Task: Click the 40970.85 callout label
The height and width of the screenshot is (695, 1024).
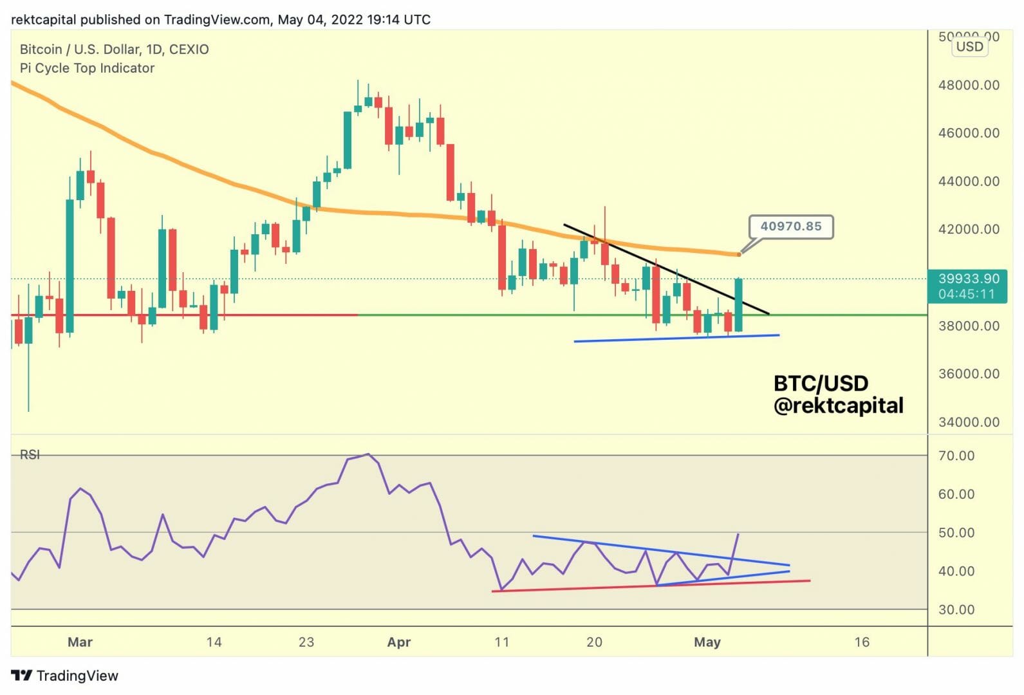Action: (790, 227)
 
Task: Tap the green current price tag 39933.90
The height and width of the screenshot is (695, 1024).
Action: (968, 279)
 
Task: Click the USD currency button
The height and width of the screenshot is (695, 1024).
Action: (969, 46)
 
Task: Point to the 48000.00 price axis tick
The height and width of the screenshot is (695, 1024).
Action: (969, 85)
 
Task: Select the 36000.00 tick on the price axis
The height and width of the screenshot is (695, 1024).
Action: (969, 374)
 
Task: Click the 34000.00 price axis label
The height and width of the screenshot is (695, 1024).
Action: (969, 422)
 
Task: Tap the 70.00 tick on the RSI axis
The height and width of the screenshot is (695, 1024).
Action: (956, 456)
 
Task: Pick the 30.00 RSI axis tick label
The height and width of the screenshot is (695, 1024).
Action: (956, 609)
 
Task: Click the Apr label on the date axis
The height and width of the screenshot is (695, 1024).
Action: (399, 642)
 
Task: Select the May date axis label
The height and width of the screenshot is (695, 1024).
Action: (707, 642)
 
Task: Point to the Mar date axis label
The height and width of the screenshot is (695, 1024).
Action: (80, 642)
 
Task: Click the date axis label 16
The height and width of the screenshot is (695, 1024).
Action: (862, 642)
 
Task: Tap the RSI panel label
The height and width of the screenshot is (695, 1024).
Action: (30, 455)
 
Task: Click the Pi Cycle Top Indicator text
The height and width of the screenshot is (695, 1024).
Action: (87, 68)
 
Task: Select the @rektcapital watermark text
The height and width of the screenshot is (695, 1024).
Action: (838, 405)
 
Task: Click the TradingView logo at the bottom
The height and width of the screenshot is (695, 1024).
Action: (65, 676)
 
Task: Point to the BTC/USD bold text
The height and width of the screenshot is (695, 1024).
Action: (821, 384)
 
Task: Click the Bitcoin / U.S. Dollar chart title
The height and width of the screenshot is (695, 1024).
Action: (114, 50)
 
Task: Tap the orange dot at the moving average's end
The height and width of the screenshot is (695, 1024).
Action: (739, 254)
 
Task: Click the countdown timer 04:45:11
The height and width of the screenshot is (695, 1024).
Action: (967, 294)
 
